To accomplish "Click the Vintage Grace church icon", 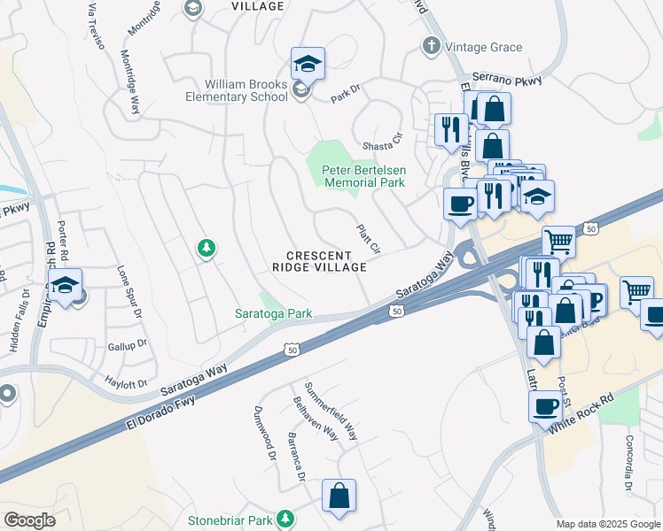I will pos(432,46).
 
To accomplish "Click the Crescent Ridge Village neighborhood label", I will pos(318,261).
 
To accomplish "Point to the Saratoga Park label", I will pos(272,313).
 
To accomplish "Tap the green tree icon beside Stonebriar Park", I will pos(285,518).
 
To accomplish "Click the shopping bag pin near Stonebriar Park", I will pos(339,497).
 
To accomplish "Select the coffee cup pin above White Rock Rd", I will pos(546,407).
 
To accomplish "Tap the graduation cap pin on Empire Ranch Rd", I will pos(65,286).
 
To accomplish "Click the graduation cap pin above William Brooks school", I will pos(308,64).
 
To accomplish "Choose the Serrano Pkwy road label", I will pos(506,79).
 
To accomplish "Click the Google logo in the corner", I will pos(29,519).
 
